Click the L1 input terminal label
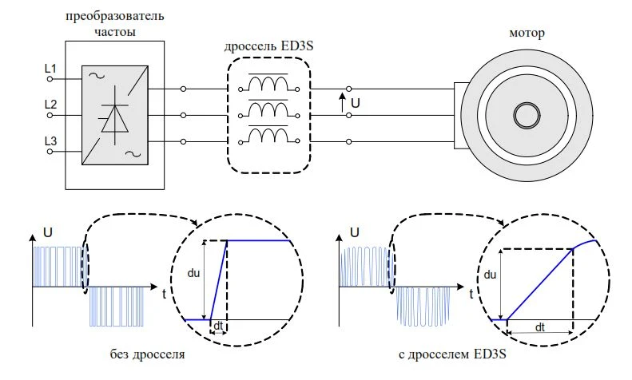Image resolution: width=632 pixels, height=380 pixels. point(50,69)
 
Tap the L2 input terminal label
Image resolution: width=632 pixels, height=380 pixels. point(50,105)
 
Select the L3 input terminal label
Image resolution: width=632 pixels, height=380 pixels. point(50,141)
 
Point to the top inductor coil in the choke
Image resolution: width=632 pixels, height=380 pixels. point(268,84)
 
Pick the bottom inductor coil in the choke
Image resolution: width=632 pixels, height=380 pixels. point(268,136)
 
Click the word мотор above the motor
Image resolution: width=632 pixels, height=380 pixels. point(527,33)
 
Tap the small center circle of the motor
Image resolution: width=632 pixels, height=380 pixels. point(527,115)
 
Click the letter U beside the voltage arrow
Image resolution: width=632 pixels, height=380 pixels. point(355,104)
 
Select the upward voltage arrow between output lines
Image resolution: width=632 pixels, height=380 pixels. point(342,102)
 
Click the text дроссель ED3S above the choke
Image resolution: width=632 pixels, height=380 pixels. point(268,46)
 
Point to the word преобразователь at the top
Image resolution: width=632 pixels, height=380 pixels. point(115,17)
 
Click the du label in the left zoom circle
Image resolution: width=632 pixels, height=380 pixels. point(193,273)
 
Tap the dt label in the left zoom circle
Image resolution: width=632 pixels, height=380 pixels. point(218,325)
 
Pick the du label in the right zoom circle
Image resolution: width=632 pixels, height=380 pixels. point(490,275)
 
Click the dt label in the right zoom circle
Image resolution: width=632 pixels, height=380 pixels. point(540,327)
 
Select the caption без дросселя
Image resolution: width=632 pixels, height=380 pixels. point(148,354)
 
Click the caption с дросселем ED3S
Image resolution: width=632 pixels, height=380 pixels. point(452,354)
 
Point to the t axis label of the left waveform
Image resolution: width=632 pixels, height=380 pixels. point(164,295)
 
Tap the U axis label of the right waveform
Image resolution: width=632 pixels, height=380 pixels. point(355,232)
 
